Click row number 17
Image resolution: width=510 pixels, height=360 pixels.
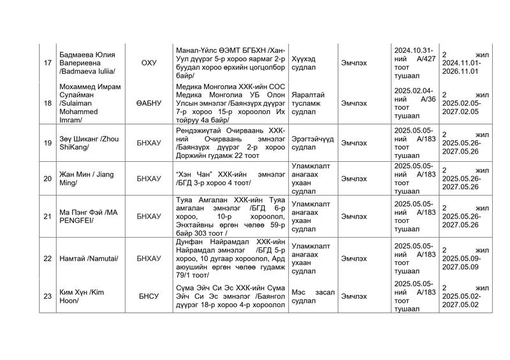click(x=47, y=62)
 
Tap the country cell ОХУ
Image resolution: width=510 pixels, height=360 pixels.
click(x=148, y=62)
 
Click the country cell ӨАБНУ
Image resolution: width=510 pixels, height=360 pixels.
click(x=148, y=103)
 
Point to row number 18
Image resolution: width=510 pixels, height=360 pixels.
click(x=47, y=103)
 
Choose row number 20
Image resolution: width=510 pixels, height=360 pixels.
click(x=47, y=178)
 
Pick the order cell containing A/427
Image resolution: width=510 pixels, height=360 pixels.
click(x=414, y=62)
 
